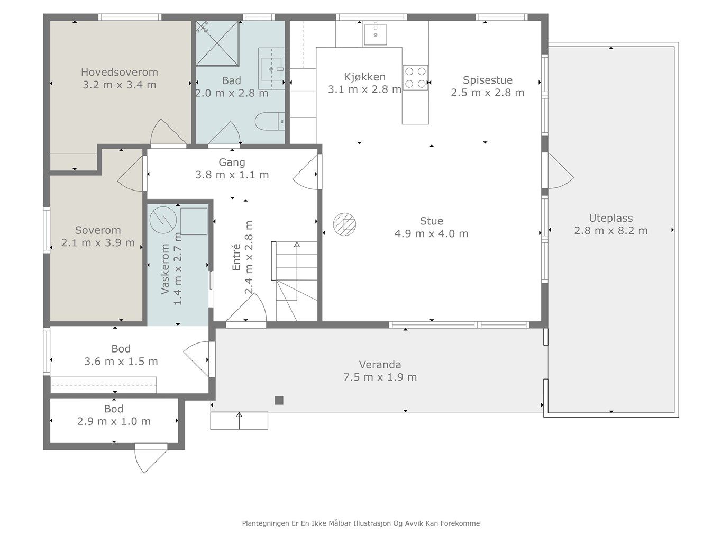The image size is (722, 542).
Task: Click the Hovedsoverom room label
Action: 120,72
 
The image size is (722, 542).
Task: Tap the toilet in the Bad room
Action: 270,121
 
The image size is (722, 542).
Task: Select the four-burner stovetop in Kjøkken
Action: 415,78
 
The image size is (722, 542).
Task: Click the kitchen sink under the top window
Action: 375,34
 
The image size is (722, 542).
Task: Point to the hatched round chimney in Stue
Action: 344,224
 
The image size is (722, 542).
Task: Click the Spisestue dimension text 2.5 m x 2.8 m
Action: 488,93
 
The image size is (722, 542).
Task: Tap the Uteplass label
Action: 611,218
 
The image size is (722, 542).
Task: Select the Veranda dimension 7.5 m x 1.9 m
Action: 380,377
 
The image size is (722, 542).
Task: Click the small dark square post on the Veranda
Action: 279,400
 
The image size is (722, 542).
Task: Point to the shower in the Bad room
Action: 217,43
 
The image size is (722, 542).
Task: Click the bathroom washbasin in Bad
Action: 271,69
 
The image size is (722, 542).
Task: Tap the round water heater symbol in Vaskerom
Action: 163,220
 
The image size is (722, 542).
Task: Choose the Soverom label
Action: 98,230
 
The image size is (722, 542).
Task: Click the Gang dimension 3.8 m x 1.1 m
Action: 232,175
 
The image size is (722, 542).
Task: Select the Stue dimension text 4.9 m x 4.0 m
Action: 431,233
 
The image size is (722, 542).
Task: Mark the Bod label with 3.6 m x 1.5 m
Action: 121,348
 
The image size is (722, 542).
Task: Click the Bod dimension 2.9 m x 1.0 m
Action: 114,421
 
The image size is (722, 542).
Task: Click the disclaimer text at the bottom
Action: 361,523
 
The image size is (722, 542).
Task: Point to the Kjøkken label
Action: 364,77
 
